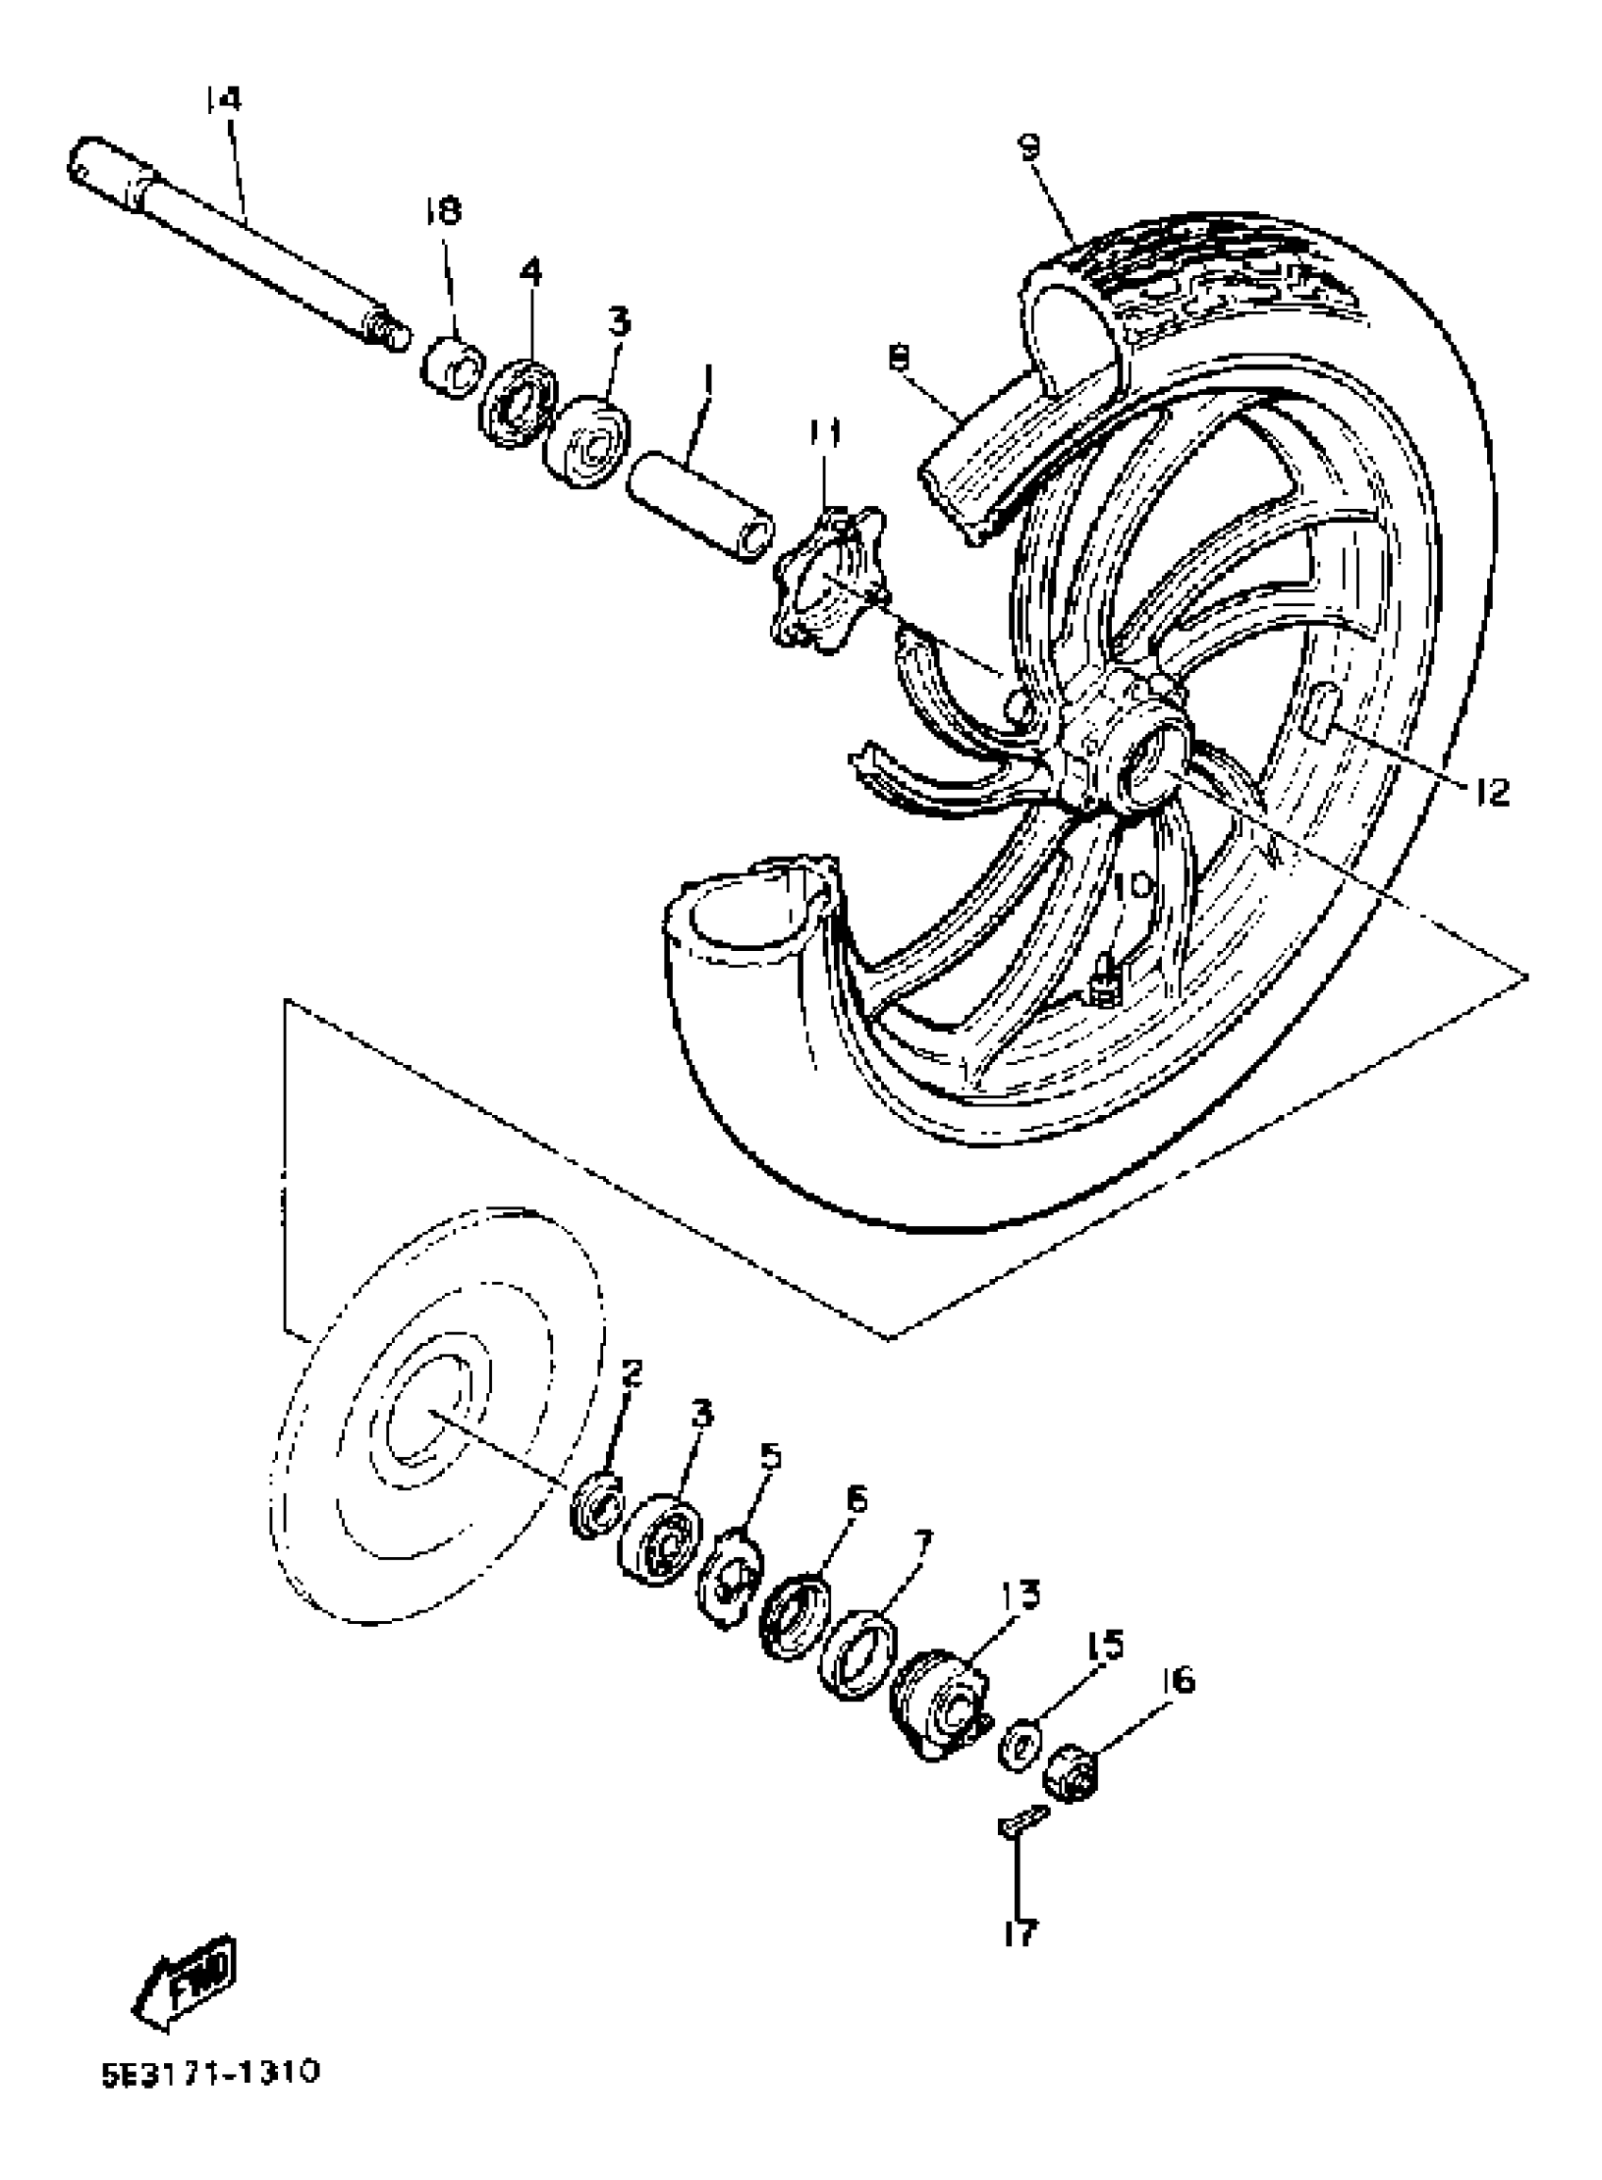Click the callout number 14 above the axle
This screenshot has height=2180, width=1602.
(224, 99)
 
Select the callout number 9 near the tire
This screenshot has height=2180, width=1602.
(1029, 145)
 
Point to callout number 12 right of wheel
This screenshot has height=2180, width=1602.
(1493, 793)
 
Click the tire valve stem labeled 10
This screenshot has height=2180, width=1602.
(1102, 989)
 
